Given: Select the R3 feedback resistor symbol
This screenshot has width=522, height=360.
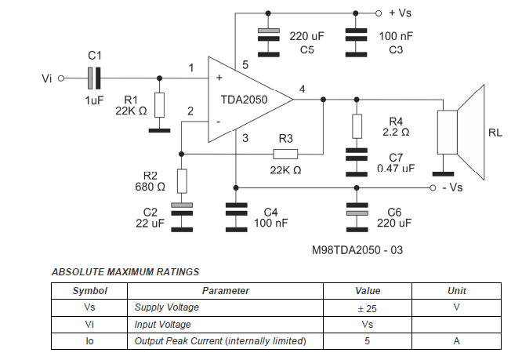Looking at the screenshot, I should click(x=285, y=155).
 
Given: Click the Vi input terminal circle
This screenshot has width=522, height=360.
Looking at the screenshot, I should click(x=61, y=78).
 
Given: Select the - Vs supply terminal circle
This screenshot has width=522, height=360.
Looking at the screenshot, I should click(x=432, y=188).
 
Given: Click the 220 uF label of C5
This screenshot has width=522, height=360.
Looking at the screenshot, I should click(x=306, y=35).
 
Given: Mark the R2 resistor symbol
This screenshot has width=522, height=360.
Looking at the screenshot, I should click(x=182, y=181).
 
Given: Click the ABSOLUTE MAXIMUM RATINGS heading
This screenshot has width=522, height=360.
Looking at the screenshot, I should click(x=125, y=272).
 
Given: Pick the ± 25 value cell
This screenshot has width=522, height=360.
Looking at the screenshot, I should click(x=367, y=308).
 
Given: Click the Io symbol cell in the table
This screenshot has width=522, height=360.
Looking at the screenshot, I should click(x=89, y=341).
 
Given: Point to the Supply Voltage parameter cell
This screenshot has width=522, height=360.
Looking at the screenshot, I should click(x=167, y=308).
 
